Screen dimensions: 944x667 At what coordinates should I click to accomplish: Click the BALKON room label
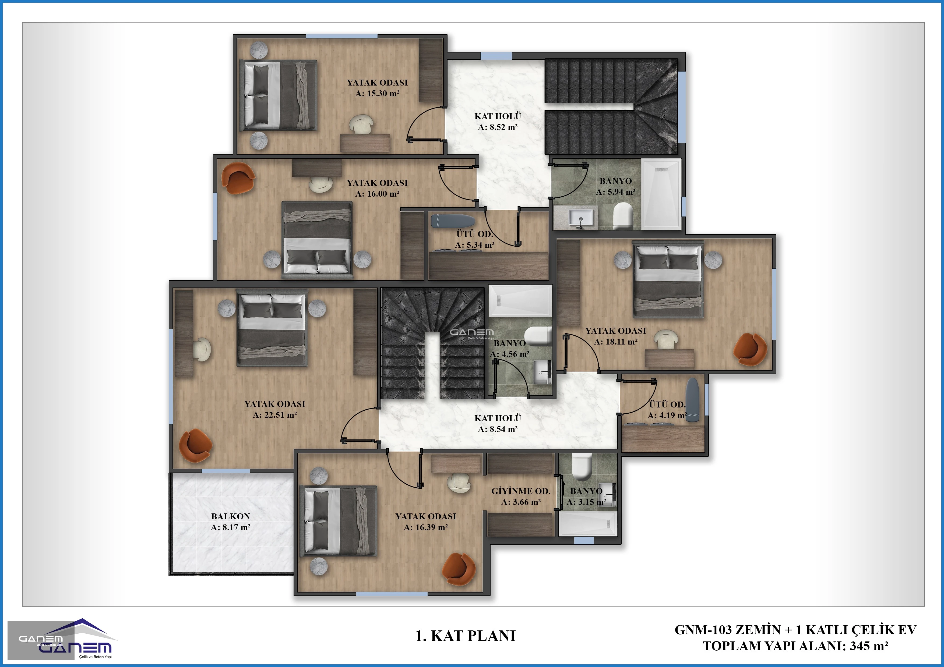pyautogui.click(x=231, y=516)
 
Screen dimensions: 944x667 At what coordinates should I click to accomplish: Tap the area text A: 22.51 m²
pyautogui.click(x=275, y=415)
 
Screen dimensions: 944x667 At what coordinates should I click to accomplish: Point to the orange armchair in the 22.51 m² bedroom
pyautogui.click(x=196, y=445)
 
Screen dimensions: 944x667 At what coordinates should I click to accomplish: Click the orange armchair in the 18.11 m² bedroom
pyautogui.click(x=750, y=349)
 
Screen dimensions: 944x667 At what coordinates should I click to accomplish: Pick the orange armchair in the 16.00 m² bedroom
pyautogui.click(x=238, y=178)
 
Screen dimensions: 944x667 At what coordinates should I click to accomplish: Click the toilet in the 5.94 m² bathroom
pyautogui.click(x=622, y=216)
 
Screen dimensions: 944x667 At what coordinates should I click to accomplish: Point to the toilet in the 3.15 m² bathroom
pyautogui.click(x=582, y=467)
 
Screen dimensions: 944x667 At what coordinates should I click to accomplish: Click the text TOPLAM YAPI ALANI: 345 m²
pyautogui.click(x=795, y=646)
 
